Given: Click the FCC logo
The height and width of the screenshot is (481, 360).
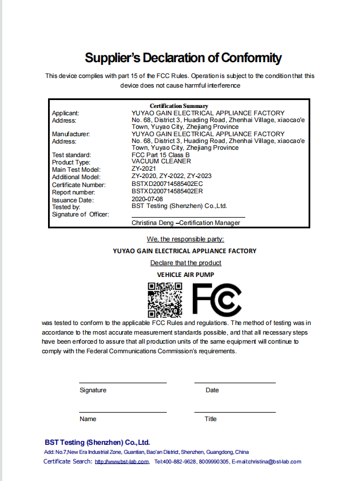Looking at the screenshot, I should pos(217,300).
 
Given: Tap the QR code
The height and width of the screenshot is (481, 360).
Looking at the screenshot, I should pos(165,300).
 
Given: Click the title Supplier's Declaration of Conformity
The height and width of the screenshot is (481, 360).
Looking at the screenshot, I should pos(183,58).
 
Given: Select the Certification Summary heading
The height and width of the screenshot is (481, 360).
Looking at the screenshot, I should pos(179,106).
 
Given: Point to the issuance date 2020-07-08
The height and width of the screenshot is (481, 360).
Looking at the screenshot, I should pos(147,199).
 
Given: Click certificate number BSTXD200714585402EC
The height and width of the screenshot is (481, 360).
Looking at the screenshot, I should pos(167,184).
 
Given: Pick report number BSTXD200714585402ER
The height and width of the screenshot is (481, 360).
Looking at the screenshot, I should pos(167,192).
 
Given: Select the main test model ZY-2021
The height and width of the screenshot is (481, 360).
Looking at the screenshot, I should pos(144,169).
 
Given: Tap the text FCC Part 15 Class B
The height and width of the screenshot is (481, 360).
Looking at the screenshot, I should pos(161,154).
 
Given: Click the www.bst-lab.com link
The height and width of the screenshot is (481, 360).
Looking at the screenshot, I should pos(122,462).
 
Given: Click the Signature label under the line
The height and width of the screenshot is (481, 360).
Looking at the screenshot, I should pos(93,391).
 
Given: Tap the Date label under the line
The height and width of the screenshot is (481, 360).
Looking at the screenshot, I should pos(212,391).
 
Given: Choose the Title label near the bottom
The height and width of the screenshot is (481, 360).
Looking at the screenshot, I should pos(210,419).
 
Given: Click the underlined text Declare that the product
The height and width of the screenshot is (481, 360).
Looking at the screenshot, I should pos(185,263).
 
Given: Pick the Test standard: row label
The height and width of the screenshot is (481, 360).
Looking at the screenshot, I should pos(71,154).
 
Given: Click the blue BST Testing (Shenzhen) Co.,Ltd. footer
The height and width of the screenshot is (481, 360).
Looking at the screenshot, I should pos(97,443).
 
